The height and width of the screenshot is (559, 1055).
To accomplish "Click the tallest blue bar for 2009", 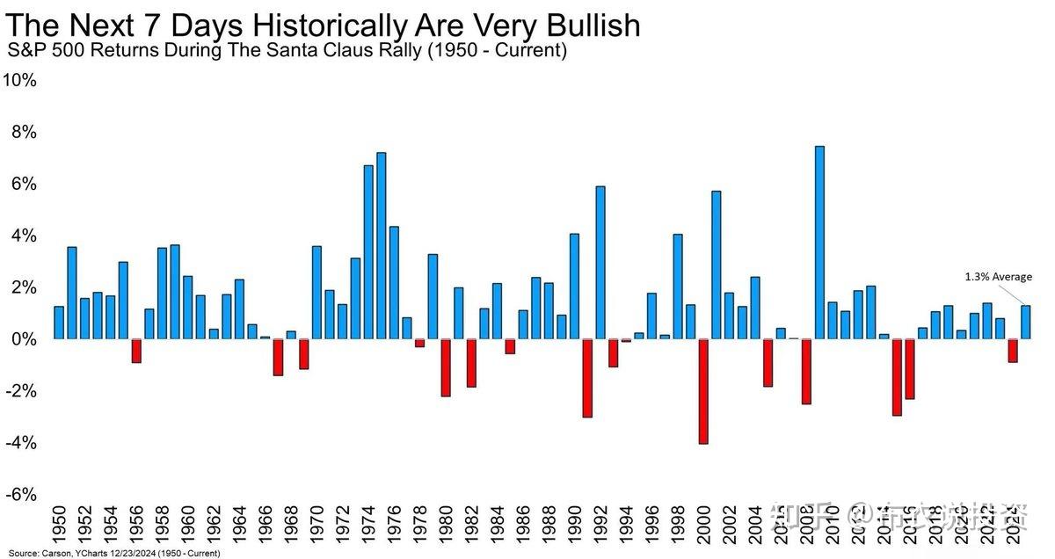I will coord(819,243).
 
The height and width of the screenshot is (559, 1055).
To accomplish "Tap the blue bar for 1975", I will coord(381,246).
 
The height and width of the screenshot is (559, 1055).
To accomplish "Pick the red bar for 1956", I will coord(136,351).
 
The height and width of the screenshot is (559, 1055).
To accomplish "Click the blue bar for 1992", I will coord(600,263).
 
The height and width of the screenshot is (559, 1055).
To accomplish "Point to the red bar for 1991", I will coord(587,378).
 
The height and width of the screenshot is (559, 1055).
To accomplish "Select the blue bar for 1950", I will coord(59,323).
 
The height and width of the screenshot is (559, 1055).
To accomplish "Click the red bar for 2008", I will coord(806,371).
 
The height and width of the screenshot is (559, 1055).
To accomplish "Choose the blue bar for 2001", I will coord(717,265).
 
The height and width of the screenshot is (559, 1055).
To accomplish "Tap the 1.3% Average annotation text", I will coord(999,277).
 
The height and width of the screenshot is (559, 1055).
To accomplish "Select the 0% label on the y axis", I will coord(24,339).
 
